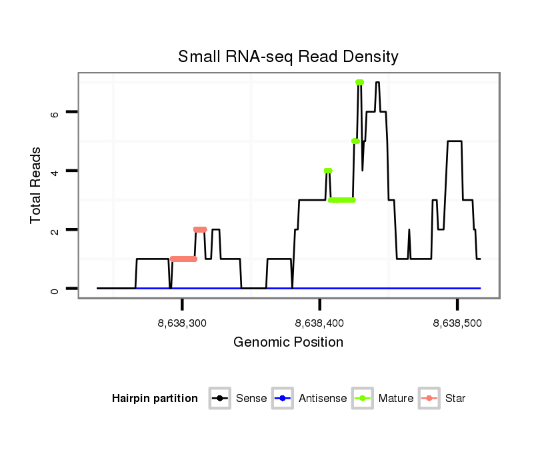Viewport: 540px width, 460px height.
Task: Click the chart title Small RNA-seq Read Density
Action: pos(288,57)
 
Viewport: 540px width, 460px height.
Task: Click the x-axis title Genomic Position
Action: pos(288,343)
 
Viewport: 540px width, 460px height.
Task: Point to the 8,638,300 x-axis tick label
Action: pos(182,323)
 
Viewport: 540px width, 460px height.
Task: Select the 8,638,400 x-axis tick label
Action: pos(319,323)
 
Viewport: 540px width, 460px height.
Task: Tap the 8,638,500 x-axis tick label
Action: pos(457,323)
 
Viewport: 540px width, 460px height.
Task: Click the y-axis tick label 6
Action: pos(55,113)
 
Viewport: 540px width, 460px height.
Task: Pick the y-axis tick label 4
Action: pos(55,171)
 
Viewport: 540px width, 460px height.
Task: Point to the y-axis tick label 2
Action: pos(55,230)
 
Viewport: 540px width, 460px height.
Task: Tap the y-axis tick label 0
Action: pos(55,289)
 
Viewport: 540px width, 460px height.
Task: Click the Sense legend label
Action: pos(251,399)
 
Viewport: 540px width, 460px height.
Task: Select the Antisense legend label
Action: pos(323,399)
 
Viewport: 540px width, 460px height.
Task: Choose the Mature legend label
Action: pos(396,399)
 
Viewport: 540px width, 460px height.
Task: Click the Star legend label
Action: pos(455,399)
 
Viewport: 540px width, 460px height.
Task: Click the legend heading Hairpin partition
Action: pos(155,399)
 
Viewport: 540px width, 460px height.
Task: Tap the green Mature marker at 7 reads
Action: pos(359,83)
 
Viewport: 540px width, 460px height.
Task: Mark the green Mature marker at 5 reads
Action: pos(355,141)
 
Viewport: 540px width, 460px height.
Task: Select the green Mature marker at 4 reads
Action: pos(327,171)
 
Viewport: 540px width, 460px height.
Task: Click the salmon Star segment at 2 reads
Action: pos(200,229)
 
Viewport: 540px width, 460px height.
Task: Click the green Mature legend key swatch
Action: pos(363,399)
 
